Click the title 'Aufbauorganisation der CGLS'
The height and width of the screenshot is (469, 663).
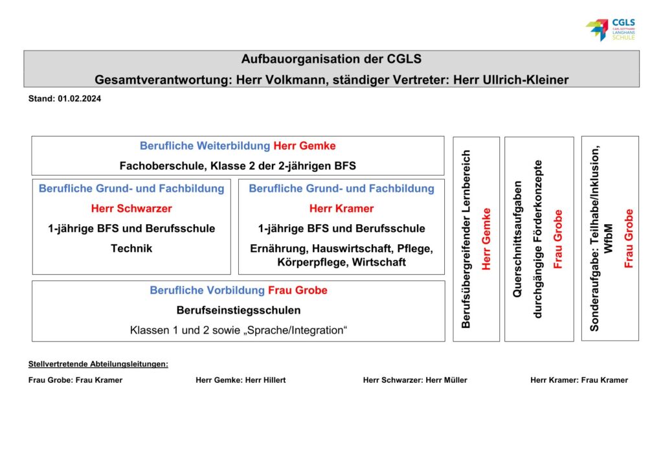coord(331,60)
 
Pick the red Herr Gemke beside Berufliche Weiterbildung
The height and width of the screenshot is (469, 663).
coord(304,146)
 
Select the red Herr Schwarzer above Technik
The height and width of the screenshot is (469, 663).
coord(131,209)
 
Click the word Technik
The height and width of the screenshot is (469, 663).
coord(131,248)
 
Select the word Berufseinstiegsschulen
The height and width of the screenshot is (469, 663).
coord(238,310)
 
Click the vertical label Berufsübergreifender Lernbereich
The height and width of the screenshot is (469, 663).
coord(466,238)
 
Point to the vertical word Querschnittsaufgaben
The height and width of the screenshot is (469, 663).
coord(517,238)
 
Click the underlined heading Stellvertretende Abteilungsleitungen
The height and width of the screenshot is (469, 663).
coord(98,364)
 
